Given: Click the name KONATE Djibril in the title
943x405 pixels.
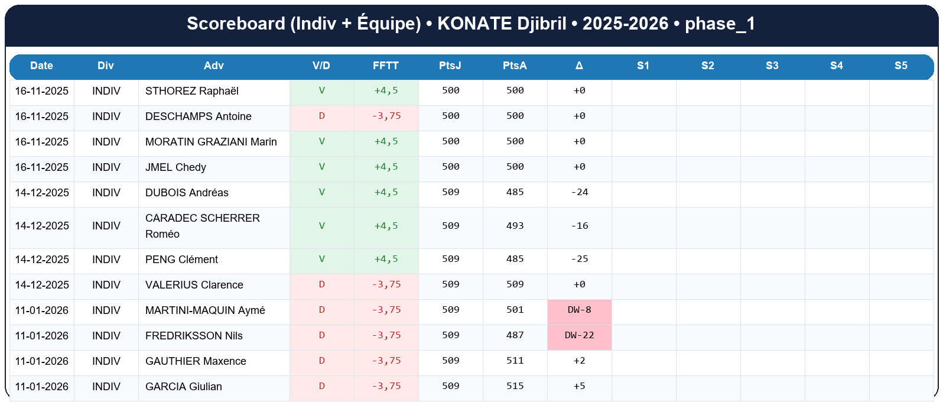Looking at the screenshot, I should point(502,24).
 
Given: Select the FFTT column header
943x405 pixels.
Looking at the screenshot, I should point(386,66).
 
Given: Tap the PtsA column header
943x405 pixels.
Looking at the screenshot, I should point(515,66).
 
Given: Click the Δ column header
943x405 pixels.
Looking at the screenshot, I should point(579,66).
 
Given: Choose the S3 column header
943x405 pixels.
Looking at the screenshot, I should point(772,66).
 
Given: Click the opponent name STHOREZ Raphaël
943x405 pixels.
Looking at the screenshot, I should point(192,91).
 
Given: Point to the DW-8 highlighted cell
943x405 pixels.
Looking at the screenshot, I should point(579,310).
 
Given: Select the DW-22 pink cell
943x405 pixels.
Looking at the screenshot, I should point(579,335).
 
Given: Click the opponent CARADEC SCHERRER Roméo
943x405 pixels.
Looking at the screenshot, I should point(202,226).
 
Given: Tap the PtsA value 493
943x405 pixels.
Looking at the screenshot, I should point(515,226).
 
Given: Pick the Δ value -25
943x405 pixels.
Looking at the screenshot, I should point(579,259).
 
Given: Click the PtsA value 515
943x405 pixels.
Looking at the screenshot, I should point(515,386).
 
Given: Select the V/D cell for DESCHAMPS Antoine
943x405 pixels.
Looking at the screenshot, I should point(321,116).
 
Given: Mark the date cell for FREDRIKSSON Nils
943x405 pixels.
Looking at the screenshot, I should point(42,336).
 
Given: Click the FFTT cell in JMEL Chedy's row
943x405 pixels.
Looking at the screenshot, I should point(386,167).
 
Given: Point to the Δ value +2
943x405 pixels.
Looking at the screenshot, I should point(579,361).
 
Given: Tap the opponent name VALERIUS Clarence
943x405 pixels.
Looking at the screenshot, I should point(194,285).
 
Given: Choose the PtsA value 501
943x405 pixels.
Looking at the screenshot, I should point(515,310).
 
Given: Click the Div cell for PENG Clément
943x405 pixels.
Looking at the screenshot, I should point(106,260).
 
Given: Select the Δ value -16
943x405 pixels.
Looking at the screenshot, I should point(579,226).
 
